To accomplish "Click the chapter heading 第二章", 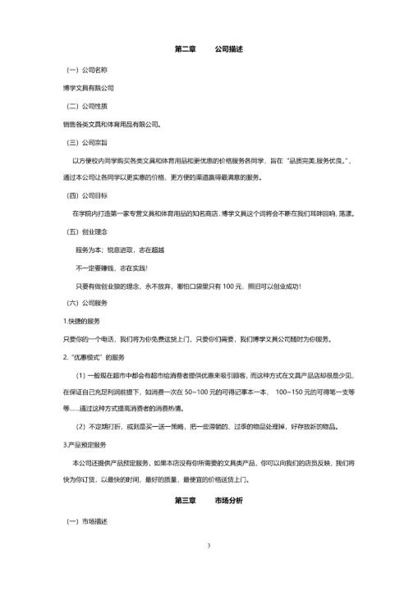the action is coord(185,49).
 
